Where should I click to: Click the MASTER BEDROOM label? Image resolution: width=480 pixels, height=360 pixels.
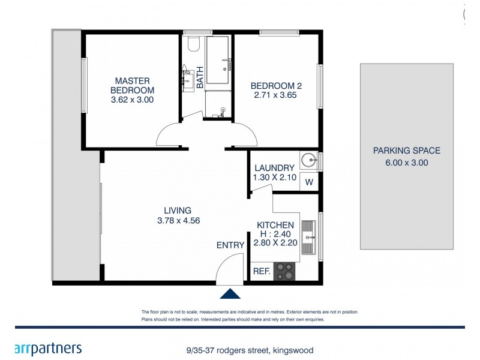132,85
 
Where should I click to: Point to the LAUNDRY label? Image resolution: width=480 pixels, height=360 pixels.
274,168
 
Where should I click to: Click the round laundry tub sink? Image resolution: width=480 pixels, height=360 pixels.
309,160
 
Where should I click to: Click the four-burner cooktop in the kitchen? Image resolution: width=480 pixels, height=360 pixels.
285,272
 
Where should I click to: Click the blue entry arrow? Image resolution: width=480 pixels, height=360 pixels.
231,293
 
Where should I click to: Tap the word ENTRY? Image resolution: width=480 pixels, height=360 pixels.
230,245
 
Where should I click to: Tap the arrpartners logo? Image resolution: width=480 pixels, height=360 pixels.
47,349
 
